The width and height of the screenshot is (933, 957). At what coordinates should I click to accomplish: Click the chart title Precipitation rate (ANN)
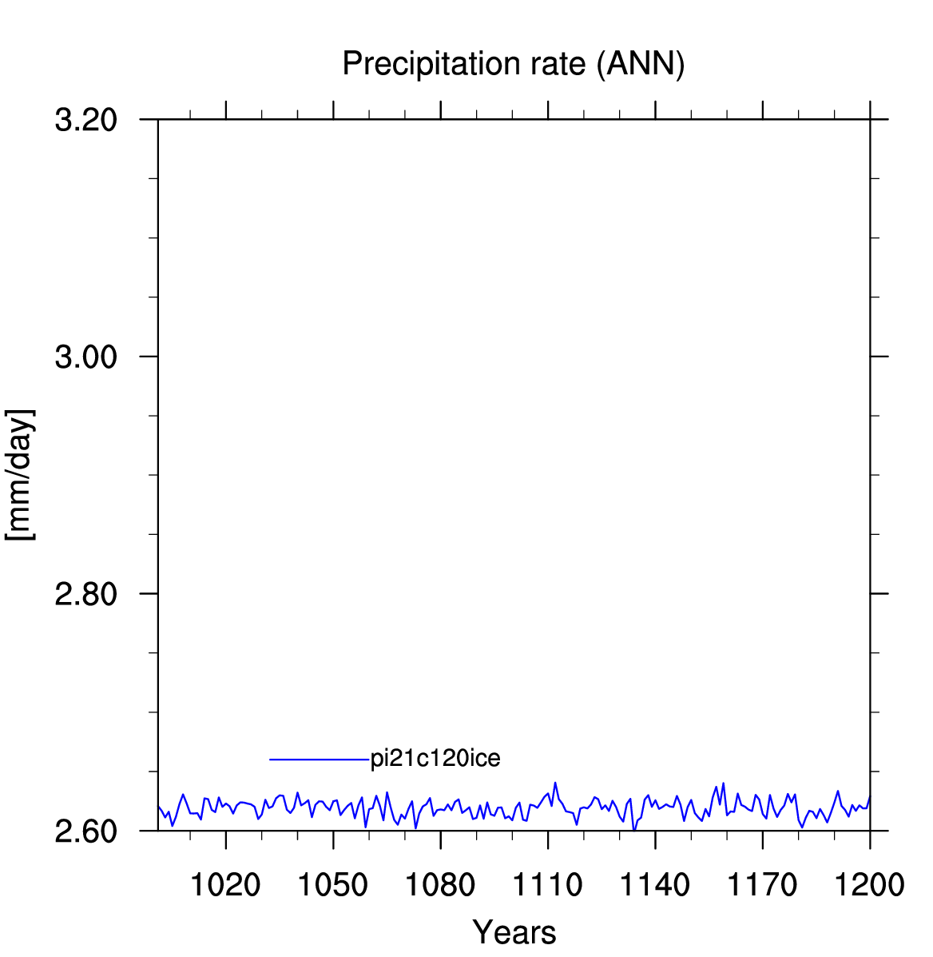[514, 64]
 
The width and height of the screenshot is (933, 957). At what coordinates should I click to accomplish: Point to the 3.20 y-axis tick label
[86, 120]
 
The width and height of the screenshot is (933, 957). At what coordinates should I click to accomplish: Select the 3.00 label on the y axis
[86, 357]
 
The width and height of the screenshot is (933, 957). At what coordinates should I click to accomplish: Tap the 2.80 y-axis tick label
[86, 594]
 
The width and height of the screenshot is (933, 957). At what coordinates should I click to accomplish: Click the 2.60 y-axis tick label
[86, 831]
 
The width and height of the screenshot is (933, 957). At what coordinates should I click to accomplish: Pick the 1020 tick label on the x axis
[225, 884]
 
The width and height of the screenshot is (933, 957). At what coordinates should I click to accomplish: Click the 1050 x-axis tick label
[333, 884]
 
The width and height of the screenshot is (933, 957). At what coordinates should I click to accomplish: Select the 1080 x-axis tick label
[440, 884]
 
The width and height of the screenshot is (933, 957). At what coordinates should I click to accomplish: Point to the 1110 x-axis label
[548, 884]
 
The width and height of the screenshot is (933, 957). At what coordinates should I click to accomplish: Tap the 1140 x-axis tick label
[655, 884]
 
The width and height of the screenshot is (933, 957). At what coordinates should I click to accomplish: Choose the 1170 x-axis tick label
[762, 884]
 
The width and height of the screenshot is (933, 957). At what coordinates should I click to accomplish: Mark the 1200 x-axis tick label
[870, 884]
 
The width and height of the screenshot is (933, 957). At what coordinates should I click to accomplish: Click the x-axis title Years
[514, 932]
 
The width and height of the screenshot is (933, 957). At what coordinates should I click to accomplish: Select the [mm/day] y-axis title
[20, 475]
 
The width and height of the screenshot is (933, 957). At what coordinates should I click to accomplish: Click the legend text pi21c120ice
[435, 759]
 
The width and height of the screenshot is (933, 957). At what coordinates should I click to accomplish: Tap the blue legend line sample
[320, 760]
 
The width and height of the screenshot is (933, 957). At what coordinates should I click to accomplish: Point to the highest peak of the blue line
[555, 783]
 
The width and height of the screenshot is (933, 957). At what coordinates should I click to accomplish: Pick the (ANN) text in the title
[641, 64]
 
